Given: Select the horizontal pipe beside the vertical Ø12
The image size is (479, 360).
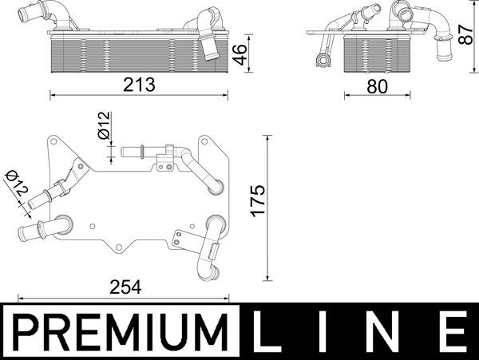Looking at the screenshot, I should click(140, 150).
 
